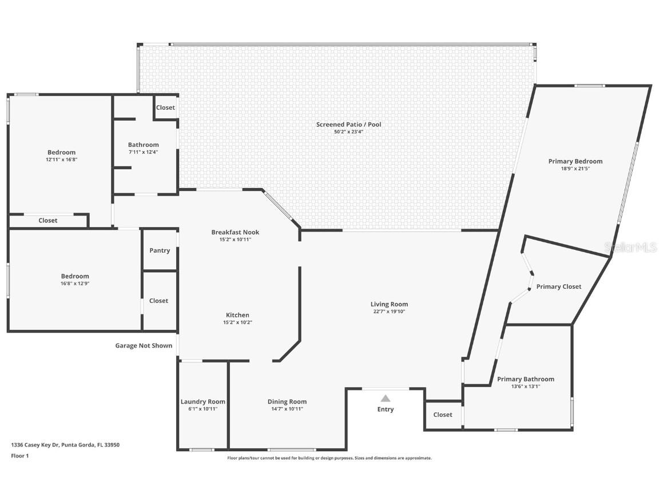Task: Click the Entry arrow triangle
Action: (x=386, y=399)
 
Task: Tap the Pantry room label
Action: (x=160, y=250)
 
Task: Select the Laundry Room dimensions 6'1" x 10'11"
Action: (x=203, y=409)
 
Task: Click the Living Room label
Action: (x=389, y=304)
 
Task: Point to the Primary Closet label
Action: (x=558, y=286)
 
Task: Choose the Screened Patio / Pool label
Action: (x=348, y=125)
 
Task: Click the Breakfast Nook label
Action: (x=235, y=232)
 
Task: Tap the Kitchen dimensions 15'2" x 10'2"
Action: (x=237, y=322)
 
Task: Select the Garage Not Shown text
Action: (x=144, y=345)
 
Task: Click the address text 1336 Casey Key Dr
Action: (x=65, y=445)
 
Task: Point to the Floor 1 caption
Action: (x=19, y=456)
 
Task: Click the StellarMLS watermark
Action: (x=630, y=247)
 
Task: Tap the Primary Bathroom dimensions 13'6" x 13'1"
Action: (x=525, y=387)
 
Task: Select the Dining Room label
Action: (x=287, y=401)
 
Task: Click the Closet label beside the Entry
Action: (x=443, y=415)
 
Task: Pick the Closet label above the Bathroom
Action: (x=165, y=107)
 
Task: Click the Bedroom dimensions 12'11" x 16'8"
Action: (x=61, y=160)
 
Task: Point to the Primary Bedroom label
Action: (x=575, y=161)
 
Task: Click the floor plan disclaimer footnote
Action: (x=329, y=458)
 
